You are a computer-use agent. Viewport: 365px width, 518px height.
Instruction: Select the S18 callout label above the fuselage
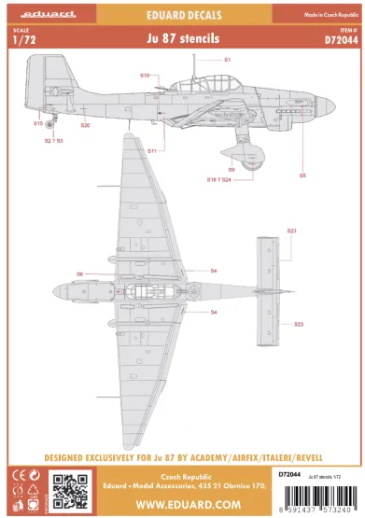[145, 75]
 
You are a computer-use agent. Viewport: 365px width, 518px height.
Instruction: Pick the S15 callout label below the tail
[37, 122]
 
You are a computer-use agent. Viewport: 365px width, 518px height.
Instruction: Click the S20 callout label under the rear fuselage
[85, 125]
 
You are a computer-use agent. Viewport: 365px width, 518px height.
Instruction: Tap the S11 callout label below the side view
[151, 149]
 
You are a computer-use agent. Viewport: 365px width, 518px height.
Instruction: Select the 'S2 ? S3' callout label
[54, 141]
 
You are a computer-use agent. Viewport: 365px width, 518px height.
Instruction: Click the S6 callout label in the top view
[80, 273]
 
